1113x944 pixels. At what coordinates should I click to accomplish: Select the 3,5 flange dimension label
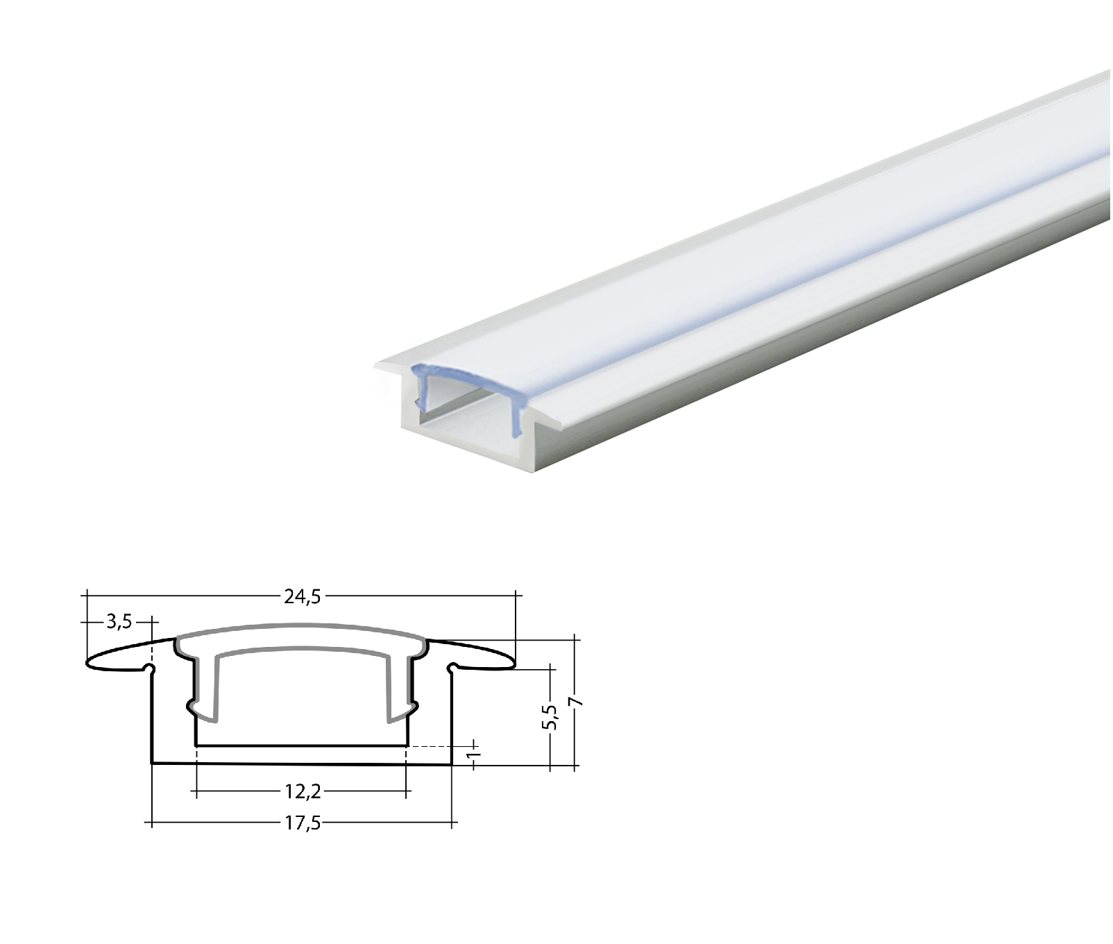119,622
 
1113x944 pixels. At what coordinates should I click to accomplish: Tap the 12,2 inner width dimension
303,791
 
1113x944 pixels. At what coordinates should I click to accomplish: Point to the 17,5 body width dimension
303,824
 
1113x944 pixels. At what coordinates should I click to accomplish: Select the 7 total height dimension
575,702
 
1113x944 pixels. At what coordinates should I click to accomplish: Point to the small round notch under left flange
149,668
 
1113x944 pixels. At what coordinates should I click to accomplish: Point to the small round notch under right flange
453,668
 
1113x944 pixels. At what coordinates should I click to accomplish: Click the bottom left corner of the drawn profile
153,764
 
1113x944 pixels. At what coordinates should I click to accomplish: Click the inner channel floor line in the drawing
303,746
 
